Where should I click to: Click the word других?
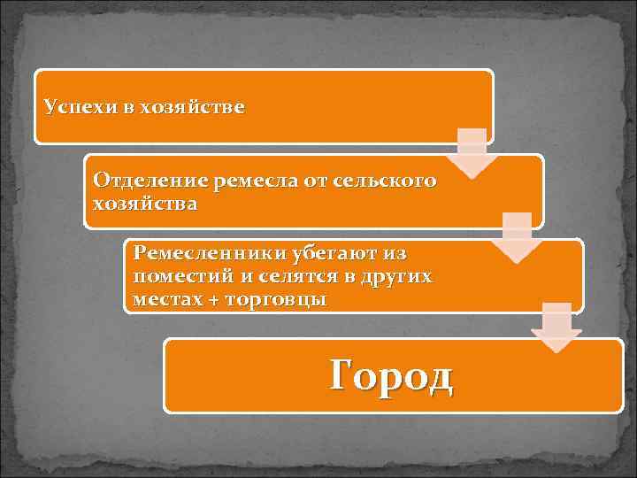(x=395, y=276)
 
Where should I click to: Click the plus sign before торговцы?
(x=211, y=300)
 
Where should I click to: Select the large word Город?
(x=391, y=375)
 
